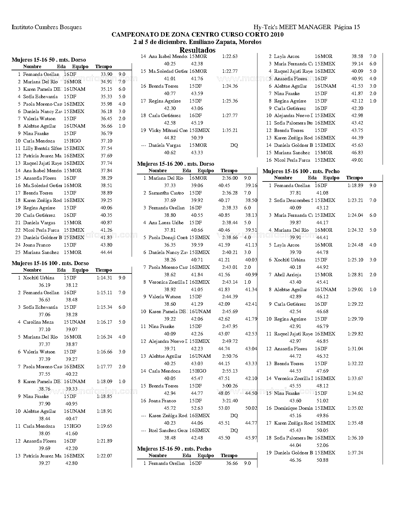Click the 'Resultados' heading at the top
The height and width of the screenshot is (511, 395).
tap(197, 50)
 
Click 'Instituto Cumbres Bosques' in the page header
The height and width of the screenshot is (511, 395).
tap(47, 27)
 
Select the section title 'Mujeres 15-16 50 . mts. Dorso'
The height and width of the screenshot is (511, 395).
tap(49, 60)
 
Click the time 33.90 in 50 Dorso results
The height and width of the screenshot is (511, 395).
tap(106, 74)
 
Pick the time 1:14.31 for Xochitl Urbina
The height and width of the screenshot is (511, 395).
tap(104, 278)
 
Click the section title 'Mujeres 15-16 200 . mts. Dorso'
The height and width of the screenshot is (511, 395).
tap(175, 164)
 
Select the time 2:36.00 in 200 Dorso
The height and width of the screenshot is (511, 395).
tap(230, 178)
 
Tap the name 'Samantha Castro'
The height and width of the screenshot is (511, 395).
tap(166, 193)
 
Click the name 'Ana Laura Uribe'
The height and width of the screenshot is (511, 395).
tap(166, 223)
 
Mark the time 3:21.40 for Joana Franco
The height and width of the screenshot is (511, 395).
tap(230, 401)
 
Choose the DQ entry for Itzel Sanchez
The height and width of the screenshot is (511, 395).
tap(234, 430)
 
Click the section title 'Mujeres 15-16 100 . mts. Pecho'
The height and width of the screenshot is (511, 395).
tap(301, 171)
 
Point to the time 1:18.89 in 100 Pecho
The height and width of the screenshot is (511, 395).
tap(355, 186)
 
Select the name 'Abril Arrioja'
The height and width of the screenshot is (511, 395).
tap(287, 275)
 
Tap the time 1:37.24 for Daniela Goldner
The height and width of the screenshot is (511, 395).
tap(355, 453)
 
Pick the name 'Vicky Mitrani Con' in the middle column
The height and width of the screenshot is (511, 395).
tap(168, 130)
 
